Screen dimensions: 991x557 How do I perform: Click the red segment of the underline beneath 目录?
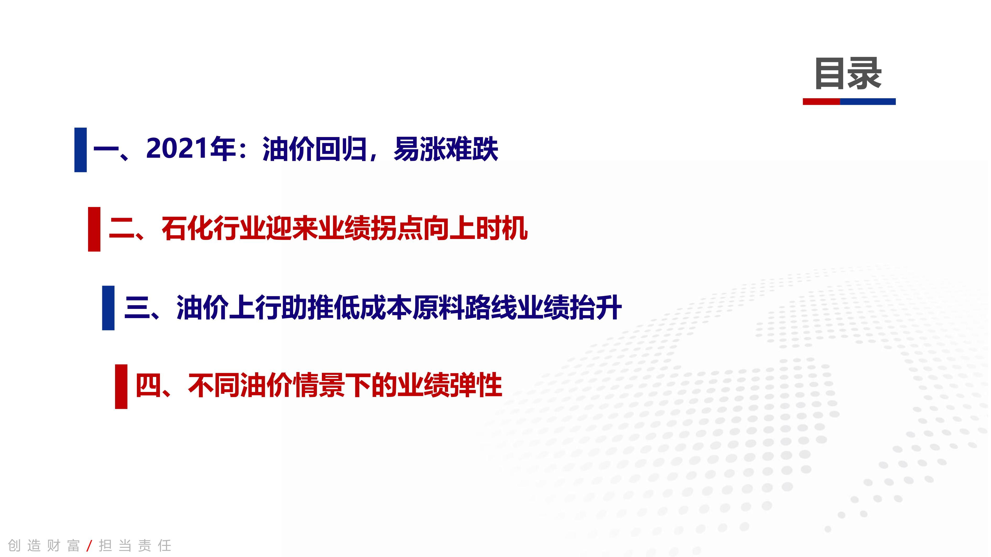pos(821,101)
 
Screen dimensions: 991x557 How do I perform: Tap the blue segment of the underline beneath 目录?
pos(868,101)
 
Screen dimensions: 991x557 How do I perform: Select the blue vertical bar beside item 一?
pos(80,150)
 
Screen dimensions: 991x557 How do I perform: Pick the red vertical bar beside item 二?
pos(94,229)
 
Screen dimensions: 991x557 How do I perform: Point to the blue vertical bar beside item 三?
pos(108,308)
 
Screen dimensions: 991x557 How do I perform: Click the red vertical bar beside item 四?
pos(121,387)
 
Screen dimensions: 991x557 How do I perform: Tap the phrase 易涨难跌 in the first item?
pos(446,149)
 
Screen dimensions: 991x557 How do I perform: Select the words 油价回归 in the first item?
pos(315,149)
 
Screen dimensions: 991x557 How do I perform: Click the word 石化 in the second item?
pos(187,228)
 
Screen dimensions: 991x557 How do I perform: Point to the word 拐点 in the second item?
pos(397,228)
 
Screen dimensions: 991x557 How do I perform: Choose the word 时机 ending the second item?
pos(502,228)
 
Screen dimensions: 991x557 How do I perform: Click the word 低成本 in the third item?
pos(373,308)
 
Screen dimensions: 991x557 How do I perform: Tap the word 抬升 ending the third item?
pos(596,308)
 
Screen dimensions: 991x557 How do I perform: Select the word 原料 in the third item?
pos(439,308)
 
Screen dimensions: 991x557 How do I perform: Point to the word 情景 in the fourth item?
pos(319,386)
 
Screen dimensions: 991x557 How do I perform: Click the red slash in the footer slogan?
pos(89,545)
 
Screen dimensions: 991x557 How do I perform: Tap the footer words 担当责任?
pos(135,545)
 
